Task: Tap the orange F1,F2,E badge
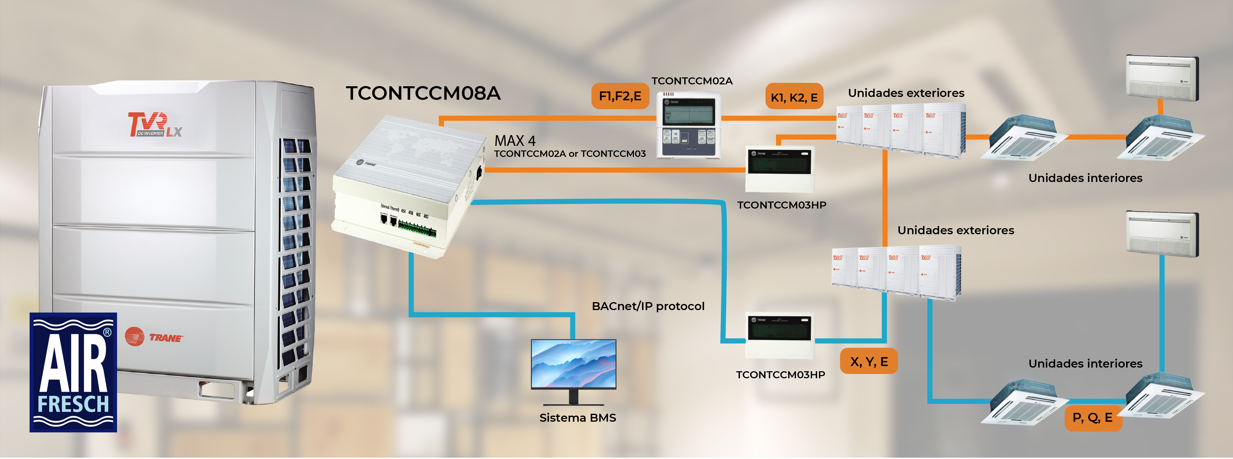[x=620, y=96]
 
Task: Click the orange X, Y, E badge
[x=868, y=361]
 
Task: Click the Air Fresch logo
[x=73, y=372]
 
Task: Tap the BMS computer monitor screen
[x=573, y=364]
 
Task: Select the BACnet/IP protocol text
[x=648, y=306]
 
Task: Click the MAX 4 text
[x=515, y=141]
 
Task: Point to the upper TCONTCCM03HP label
[x=782, y=205]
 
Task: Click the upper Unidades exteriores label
[x=906, y=93]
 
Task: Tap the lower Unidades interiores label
[x=1085, y=364]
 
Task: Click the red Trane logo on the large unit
[x=154, y=337]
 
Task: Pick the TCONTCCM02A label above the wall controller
[x=692, y=81]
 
